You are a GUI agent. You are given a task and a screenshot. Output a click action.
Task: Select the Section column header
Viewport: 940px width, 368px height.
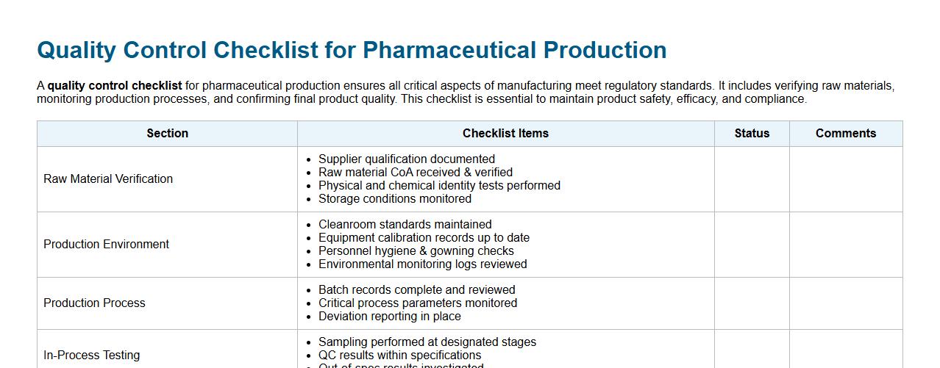click(167, 133)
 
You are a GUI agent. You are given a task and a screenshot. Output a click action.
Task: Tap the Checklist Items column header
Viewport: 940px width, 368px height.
click(505, 133)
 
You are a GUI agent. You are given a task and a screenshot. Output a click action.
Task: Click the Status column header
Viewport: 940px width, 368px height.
click(752, 133)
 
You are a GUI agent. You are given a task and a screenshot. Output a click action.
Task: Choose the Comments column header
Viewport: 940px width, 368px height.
click(846, 133)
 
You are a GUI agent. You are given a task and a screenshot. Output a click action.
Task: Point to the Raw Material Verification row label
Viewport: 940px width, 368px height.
click(108, 178)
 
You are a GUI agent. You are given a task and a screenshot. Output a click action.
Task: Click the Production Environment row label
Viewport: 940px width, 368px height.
click(106, 244)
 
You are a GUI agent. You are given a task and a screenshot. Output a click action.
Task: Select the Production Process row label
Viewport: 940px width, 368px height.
click(94, 303)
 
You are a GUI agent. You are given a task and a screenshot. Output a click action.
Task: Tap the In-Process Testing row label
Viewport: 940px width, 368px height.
click(91, 355)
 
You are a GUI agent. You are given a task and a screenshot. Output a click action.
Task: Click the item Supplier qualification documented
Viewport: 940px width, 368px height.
click(406, 159)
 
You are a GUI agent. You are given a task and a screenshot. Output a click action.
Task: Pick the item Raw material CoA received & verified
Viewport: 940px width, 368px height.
click(415, 172)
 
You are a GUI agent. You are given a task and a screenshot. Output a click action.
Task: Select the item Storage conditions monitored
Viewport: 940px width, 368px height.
click(394, 198)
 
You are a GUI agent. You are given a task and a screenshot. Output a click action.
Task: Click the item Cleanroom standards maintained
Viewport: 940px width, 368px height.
click(405, 224)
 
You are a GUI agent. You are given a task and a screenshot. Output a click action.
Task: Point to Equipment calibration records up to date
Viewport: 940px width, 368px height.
click(424, 237)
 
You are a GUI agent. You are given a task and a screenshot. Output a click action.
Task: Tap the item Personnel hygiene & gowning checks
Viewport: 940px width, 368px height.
click(416, 250)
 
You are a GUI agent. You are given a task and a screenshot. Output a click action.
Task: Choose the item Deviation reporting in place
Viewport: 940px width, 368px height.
click(389, 316)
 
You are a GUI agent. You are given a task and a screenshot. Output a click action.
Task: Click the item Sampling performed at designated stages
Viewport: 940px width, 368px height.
click(427, 342)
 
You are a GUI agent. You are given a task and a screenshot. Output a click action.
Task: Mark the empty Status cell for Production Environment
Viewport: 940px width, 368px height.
click(752, 244)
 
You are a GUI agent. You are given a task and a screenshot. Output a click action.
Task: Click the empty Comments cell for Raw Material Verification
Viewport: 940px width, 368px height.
click(846, 178)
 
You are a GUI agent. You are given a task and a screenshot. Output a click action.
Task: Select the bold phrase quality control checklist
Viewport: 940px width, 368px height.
click(115, 86)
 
